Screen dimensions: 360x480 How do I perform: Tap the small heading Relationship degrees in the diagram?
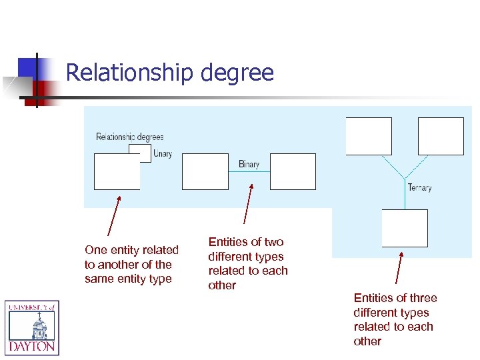point(129,137)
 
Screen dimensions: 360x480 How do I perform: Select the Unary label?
point(163,153)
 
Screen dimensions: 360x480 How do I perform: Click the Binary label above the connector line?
point(249,164)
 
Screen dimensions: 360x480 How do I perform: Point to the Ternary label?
point(419,187)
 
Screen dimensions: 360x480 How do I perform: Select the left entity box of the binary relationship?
point(205,171)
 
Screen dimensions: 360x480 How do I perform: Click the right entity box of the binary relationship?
point(293,171)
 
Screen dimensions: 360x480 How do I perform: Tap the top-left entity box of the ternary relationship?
point(369,136)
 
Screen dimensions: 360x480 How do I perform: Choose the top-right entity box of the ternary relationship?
point(441,136)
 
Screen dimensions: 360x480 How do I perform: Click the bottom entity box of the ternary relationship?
point(405,228)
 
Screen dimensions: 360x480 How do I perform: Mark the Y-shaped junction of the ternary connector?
point(405,176)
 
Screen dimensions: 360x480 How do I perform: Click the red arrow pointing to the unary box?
point(114,217)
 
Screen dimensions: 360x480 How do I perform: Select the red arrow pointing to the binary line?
point(249,203)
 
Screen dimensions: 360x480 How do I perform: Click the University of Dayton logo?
point(32,327)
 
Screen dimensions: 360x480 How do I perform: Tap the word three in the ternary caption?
point(423,298)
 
